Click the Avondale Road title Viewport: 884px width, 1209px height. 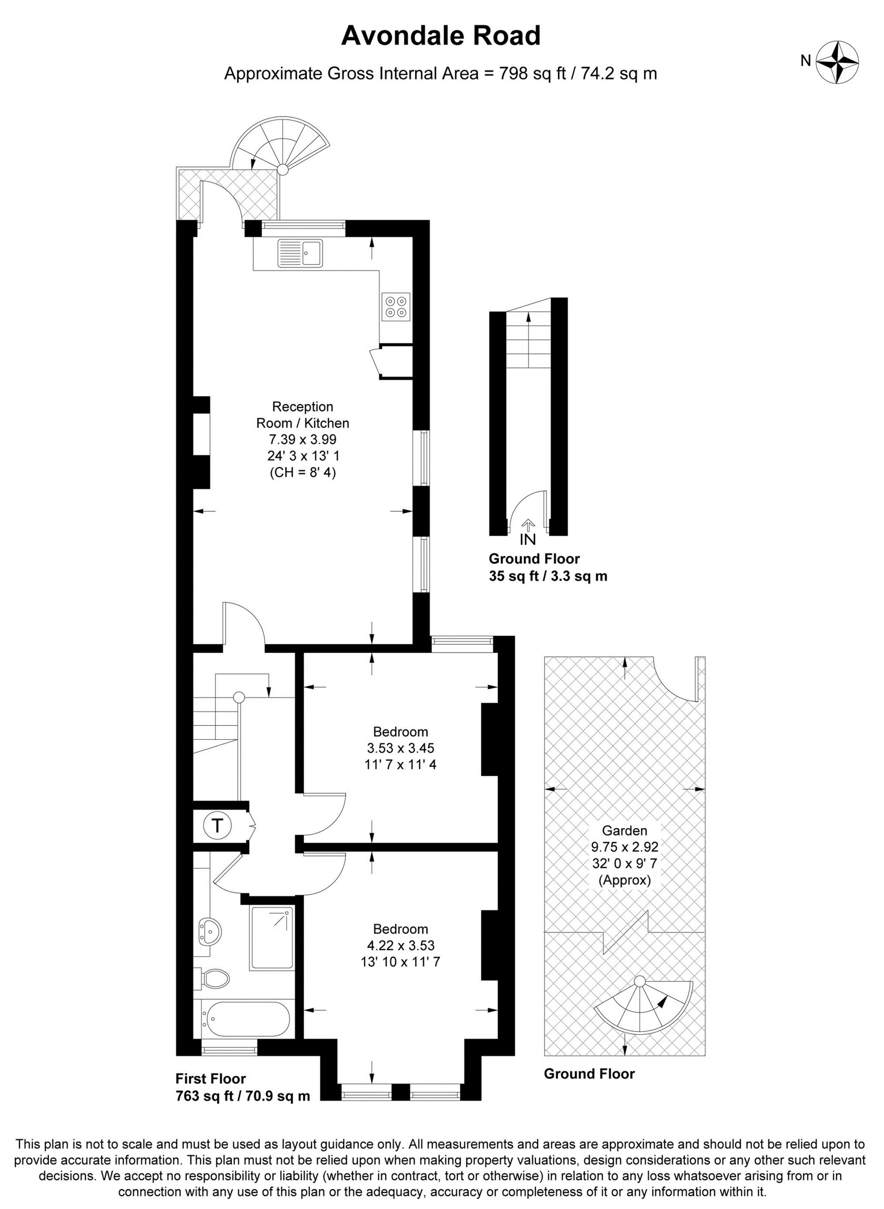click(x=441, y=36)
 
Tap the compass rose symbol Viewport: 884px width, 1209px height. click(x=837, y=62)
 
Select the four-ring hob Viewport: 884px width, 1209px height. click(x=396, y=307)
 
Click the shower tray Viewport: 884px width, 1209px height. click(x=272, y=938)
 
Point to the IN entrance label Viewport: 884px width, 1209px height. click(x=528, y=539)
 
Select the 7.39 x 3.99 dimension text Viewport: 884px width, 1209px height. click(x=303, y=440)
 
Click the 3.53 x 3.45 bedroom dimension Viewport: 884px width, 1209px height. click(x=400, y=748)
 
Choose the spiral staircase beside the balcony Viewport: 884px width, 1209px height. click(x=280, y=145)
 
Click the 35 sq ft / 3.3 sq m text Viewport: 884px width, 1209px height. click(x=548, y=577)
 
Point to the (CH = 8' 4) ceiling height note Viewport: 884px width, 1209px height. click(x=303, y=473)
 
